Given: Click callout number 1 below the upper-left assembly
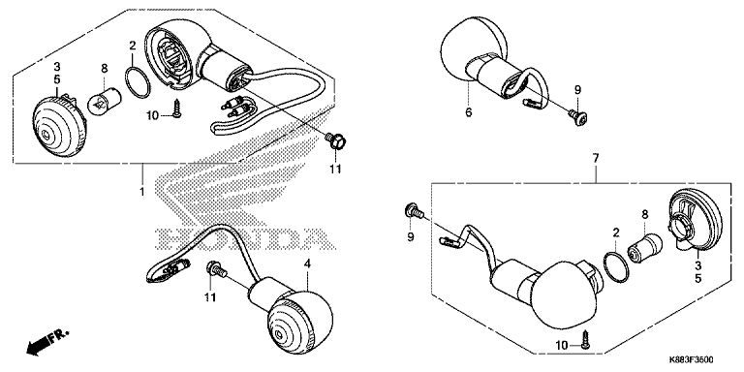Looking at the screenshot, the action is [142, 192].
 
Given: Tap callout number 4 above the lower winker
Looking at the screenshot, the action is [307, 263].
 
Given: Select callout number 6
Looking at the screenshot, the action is [468, 112].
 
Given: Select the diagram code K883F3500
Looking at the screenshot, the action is [692, 360].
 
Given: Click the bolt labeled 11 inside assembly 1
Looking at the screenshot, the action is [336, 140].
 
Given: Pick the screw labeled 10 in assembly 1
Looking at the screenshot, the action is [177, 108].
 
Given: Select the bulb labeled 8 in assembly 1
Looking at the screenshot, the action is [106, 100].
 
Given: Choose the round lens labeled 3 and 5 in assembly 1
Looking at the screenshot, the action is [60, 126].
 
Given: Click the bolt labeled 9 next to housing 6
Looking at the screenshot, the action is [578, 117].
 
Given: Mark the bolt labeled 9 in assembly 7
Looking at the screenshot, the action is [414, 211].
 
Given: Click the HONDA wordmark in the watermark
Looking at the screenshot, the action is [243, 238].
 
